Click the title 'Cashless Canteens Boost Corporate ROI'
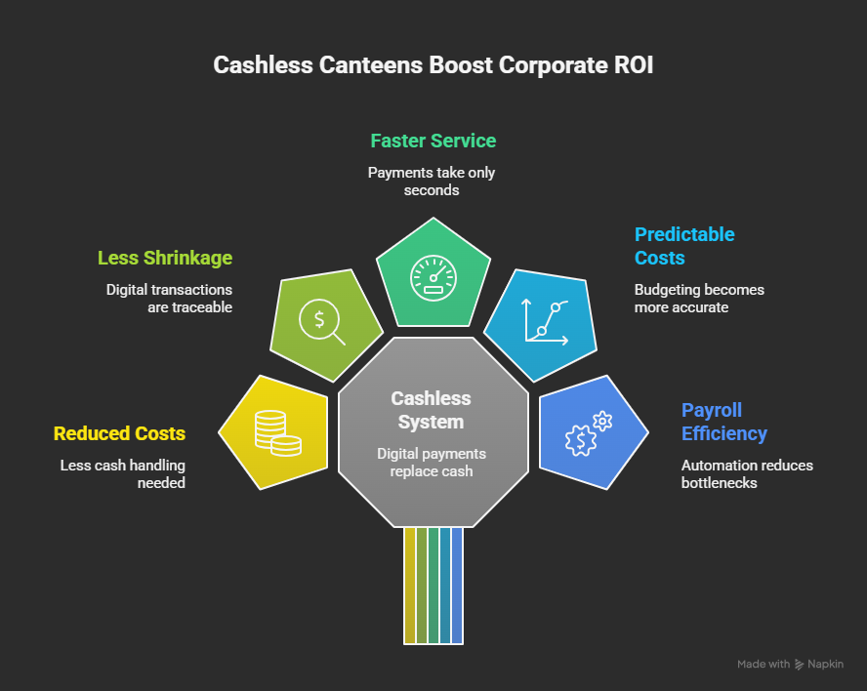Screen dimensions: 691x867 click(433, 65)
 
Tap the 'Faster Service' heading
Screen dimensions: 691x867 click(433, 141)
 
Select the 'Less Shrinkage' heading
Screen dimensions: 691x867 click(165, 258)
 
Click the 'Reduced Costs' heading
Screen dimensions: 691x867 click(119, 433)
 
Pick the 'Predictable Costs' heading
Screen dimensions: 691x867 click(683, 246)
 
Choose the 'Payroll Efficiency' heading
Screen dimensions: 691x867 click(723, 422)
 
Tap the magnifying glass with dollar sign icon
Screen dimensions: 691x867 click(323, 323)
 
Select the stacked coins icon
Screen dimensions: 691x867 click(276, 432)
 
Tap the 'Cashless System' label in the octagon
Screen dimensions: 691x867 click(431, 410)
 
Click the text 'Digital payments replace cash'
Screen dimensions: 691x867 click(431, 462)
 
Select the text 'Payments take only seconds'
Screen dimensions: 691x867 click(432, 181)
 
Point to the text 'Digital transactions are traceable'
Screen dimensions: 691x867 click(169, 298)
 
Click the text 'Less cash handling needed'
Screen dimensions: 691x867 click(122, 473)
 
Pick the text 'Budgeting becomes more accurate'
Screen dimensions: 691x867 click(699, 298)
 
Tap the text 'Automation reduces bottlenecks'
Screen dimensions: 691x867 click(746, 473)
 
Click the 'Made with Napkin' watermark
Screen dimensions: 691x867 click(789, 664)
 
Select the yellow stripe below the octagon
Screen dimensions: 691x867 click(409, 586)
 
